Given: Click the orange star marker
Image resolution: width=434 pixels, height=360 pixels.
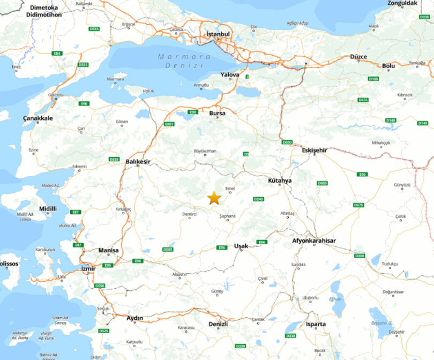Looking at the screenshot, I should [x=214, y=198].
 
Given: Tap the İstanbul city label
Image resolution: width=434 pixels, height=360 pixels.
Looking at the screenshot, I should [x=218, y=34].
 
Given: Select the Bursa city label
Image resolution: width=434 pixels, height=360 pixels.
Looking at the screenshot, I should [x=217, y=114].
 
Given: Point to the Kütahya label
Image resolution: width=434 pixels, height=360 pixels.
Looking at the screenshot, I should [x=280, y=181].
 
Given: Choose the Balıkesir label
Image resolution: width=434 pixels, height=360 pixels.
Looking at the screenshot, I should [x=138, y=161].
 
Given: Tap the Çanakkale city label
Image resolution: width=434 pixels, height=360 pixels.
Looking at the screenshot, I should [x=38, y=118].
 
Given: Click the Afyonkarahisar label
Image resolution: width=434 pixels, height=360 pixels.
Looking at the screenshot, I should [x=314, y=241].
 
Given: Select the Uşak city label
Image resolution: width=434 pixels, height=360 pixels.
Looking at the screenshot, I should [x=242, y=246].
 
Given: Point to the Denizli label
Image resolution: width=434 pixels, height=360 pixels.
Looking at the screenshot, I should [x=218, y=325].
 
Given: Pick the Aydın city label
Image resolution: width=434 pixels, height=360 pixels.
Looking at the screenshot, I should [x=134, y=318].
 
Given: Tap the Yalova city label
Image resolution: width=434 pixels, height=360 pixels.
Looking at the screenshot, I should [x=230, y=76].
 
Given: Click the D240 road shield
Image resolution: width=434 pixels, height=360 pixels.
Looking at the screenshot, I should [x=259, y=199].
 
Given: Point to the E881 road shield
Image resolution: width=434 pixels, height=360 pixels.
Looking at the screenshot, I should [x=169, y=124].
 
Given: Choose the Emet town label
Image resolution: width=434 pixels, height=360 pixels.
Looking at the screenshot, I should [x=230, y=188].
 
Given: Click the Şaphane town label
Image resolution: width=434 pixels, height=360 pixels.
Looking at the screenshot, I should [x=227, y=216].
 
